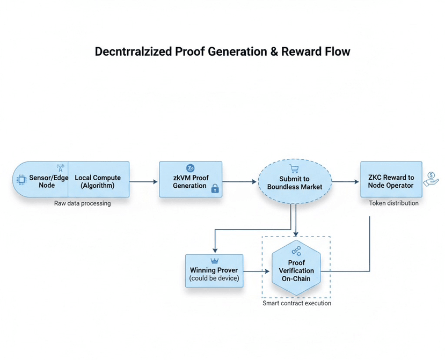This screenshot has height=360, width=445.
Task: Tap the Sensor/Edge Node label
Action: pos(48,181)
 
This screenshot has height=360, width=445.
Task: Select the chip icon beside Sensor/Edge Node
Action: pos(21,180)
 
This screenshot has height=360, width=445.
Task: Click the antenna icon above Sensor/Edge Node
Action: pos(61,168)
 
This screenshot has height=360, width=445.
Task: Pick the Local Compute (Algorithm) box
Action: pos(98,179)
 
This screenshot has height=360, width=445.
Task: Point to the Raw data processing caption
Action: pos(82,203)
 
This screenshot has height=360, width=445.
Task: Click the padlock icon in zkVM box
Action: pos(215,188)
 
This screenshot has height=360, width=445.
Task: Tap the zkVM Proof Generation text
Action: pos(191,181)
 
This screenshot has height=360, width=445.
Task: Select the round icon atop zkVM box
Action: pos(191,168)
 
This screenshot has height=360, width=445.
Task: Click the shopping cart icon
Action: pos(294,168)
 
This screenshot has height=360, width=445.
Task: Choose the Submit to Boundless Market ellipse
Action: pos(295,181)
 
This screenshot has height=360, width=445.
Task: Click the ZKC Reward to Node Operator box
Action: pos(391,179)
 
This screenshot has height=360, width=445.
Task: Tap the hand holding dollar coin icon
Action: pos(431,179)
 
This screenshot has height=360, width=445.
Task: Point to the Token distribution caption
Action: pos(393,203)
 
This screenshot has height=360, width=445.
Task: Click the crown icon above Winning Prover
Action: pos(215,261)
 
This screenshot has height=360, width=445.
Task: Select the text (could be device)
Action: pos(214,278)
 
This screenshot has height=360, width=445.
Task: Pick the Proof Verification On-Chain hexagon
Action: pos(296,268)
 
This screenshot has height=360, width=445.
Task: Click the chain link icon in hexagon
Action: pos(296,251)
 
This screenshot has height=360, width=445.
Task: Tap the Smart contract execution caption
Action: pos(296,303)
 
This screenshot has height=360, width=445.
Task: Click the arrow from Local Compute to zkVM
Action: pos(143,181)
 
